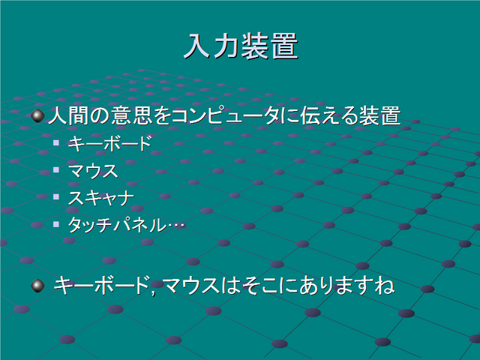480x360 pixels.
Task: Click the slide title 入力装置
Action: pyautogui.click(x=241, y=46)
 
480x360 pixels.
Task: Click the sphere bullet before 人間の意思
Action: pyautogui.click(x=37, y=116)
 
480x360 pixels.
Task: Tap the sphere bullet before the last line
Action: pyautogui.click(x=37, y=286)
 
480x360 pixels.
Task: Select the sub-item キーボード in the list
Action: pyautogui.click(x=110, y=143)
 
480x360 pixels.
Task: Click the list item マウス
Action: pyautogui.click(x=93, y=171)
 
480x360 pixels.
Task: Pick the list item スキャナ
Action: pyautogui.click(x=101, y=198)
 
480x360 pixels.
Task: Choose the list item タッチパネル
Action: pyautogui.click(x=117, y=225)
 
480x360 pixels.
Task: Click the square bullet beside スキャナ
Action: pyautogui.click(x=56, y=196)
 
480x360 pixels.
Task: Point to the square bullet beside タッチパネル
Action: pyautogui.click(x=56, y=224)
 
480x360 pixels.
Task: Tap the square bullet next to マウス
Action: pyautogui.click(x=56, y=169)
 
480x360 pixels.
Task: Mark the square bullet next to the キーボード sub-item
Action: pyautogui.click(x=56, y=142)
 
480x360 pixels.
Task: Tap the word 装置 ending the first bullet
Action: pyautogui.click(x=380, y=116)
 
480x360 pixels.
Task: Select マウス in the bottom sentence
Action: pyautogui.click(x=191, y=286)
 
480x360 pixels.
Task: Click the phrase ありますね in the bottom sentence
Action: pyautogui.click(x=347, y=286)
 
